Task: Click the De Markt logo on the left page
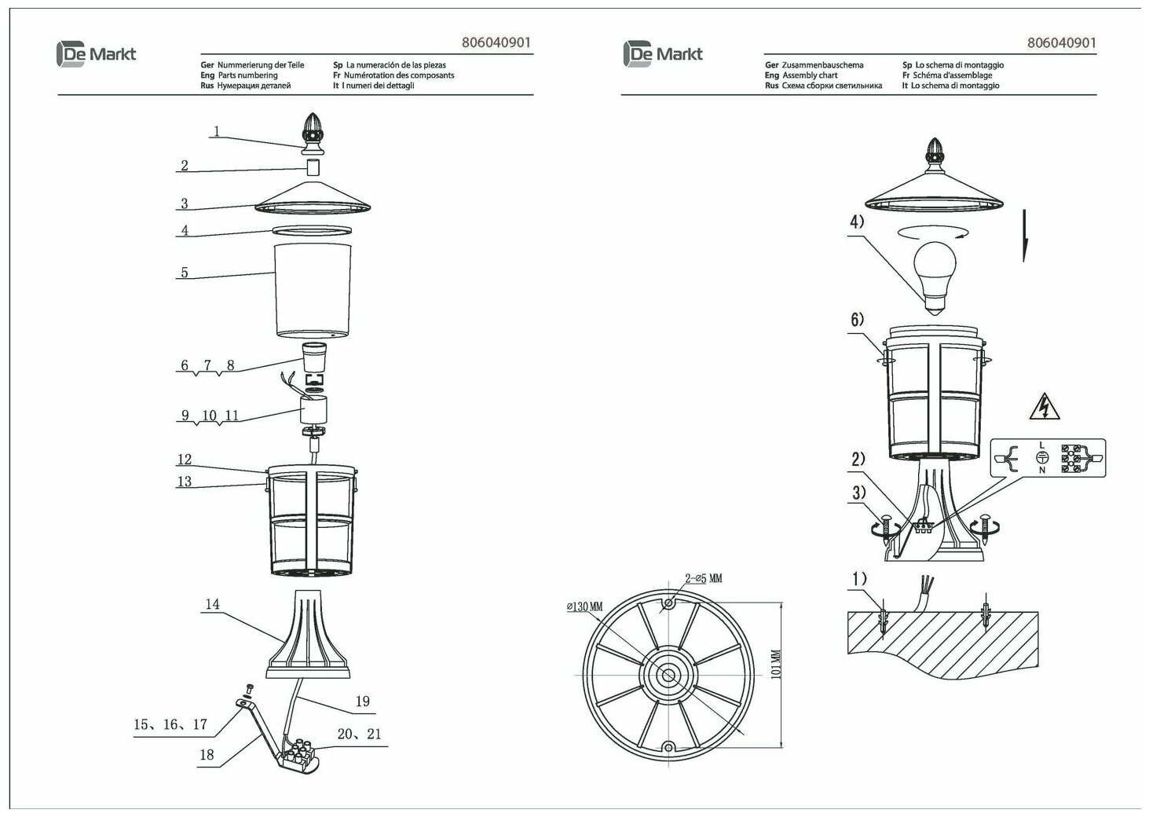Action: point(97,53)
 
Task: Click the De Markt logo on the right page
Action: point(663,53)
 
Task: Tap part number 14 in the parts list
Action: point(212,605)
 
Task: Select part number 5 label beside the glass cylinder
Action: point(185,273)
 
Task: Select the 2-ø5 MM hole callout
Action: point(703,579)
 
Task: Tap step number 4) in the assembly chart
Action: point(856,222)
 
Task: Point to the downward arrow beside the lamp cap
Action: point(1024,236)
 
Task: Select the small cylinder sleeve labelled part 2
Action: point(313,167)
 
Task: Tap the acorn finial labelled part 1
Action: point(313,134)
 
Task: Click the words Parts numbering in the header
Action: point(247,75)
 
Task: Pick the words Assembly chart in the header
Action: point(811,75)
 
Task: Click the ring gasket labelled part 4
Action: point(312,230)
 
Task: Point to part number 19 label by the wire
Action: point(362,702)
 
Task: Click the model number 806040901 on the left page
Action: point(497,44)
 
